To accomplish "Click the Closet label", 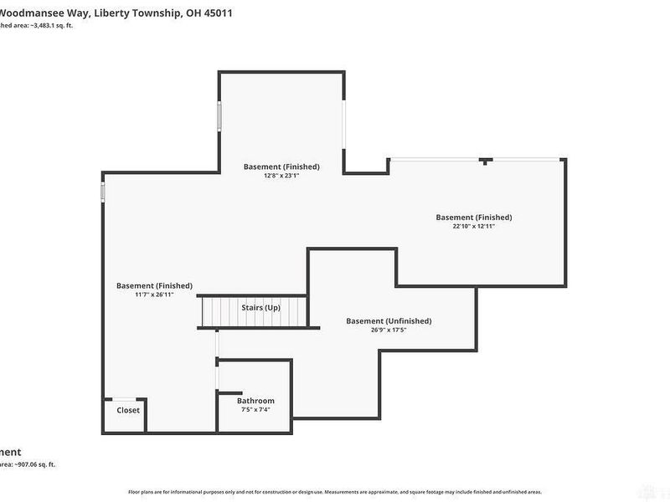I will click(x=128, y=410).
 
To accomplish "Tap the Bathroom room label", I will click(x=255, y=401).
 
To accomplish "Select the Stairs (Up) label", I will click(x=260, y=308).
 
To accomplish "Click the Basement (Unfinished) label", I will click(x=389, y=320).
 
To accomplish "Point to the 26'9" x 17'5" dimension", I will click(x=389, y=330).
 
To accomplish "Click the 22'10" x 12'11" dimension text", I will click(x=473, y=226).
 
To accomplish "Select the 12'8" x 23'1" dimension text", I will click(x=281, y=176).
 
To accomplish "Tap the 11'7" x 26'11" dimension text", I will click(x=154, y=295).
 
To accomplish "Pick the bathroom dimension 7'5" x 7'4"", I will click(x=255, y=410).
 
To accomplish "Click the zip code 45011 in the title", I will click(x=217, y=13).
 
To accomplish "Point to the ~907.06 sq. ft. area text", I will click(x=33, y=464).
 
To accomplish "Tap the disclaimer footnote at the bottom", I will click(x=334, y=492).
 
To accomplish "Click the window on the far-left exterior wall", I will click(x=102, y=192).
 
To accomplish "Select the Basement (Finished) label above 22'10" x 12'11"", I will click(x=473, y=217).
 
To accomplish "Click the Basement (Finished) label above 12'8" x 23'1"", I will click(x=281, y=166).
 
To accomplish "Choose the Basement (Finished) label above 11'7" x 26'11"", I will click(x=154, y=285).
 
